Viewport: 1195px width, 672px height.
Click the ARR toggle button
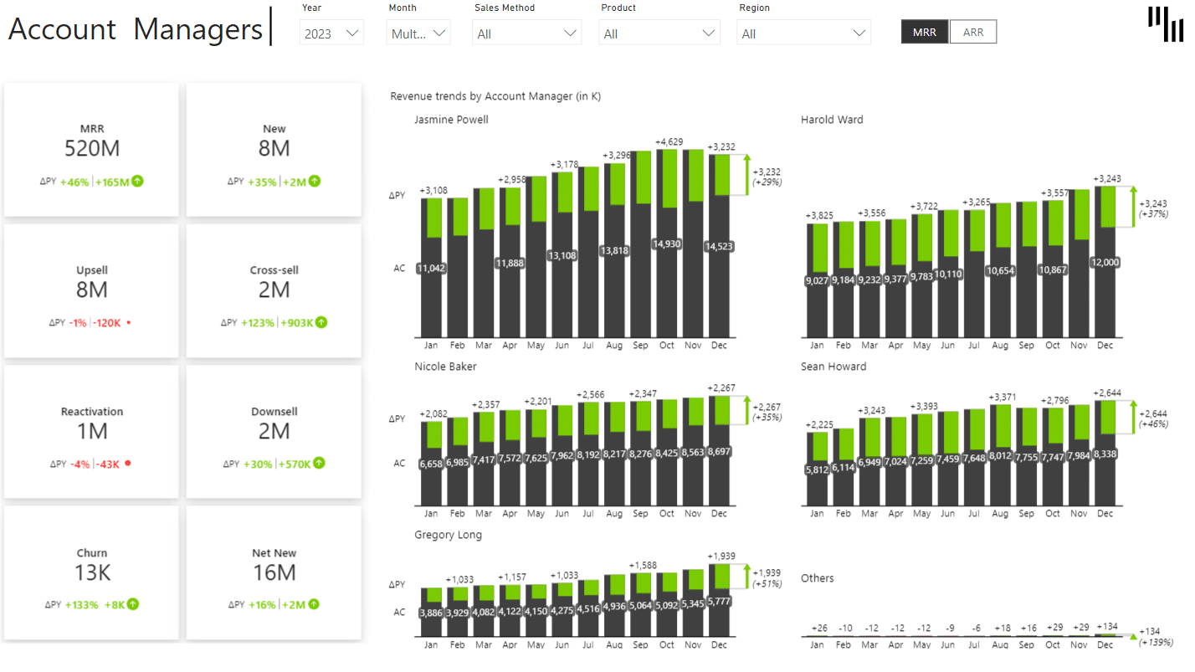click(973, 33)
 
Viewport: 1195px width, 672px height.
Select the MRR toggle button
click(925, 33)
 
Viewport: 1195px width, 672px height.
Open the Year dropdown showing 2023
click(331, 33)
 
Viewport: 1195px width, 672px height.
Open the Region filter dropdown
click(803, 33)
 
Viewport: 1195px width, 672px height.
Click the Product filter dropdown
click(659, 33)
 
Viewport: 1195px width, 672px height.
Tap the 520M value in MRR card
click(92, 149)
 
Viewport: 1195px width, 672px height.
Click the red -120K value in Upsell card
click(107, 323)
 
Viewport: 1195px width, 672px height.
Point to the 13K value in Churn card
click(92, 573)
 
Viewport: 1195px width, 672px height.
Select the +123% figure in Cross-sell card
click(258, 323)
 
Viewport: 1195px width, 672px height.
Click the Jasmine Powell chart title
click(451, 120)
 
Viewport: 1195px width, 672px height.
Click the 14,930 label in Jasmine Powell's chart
click(667, 244)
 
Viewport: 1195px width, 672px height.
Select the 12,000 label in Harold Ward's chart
click(1105, 262)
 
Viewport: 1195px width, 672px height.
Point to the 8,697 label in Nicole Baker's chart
click(719, 452)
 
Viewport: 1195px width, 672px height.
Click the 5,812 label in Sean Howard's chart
click(817, 469)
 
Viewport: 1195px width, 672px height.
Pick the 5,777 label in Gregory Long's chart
click(719, 601)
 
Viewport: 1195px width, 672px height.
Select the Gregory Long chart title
click(448, 535)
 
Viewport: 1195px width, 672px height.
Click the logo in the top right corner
click(1166, 23)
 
